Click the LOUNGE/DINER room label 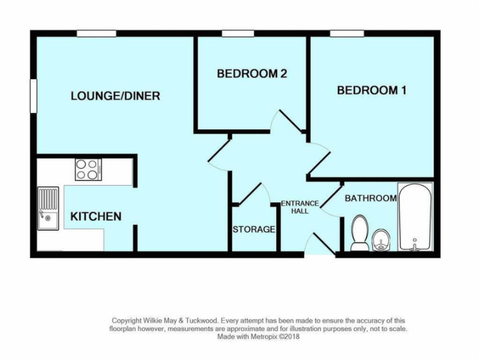pos(115,96)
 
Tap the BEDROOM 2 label pos(251,74)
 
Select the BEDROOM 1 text pos(372,90)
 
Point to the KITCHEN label pos(96,217)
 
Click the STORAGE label pos(254,229)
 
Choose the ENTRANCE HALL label pos(300,207)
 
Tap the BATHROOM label pos(371,198)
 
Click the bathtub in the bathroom pos(416,217)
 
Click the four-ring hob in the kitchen pos(88,169)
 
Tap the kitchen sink pos(48,207)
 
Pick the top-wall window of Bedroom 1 pos(347,33)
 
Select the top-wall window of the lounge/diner pos(96,33)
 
